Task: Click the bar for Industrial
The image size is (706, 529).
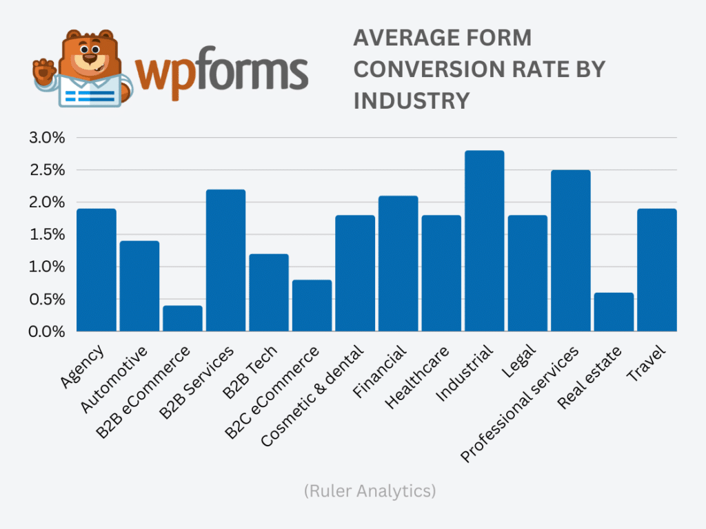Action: tap(484, 241)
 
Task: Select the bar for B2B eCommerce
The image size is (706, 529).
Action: tap(183, 319)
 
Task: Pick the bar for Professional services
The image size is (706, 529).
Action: tap(570, 251)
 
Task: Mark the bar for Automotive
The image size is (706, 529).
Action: tap(139, 286)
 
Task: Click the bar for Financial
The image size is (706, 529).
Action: tap(398, 264)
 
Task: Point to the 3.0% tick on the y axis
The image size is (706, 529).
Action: tap(47, 138)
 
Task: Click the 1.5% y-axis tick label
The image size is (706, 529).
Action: tap(47, 235)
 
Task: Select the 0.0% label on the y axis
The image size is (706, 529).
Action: tap(47, 332)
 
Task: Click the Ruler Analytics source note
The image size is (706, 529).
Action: tap(369, 491)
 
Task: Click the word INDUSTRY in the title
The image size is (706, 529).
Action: tap(411, 101)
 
